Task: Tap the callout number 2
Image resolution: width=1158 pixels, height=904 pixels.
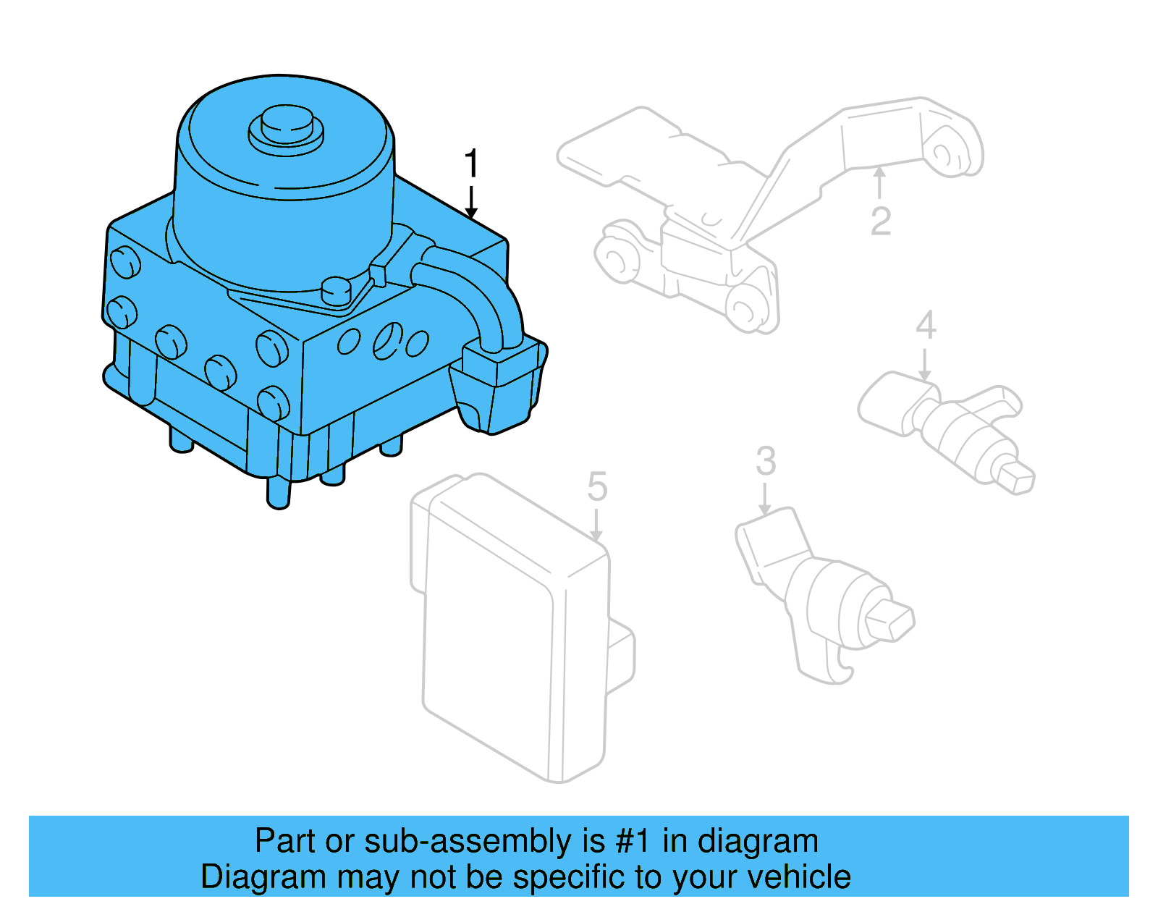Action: [880, 221]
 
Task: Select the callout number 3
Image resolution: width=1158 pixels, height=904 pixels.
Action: [765, 461]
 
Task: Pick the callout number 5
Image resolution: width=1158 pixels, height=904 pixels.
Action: [597, 486]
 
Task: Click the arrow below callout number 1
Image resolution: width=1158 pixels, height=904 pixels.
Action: [471, 202]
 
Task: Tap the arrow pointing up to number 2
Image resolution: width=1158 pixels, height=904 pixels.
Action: [879, 181]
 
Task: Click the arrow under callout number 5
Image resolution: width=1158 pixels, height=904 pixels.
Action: [596, 525]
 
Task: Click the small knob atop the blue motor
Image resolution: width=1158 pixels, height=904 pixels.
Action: [287, 127]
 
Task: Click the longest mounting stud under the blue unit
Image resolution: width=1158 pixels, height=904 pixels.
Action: [278, 492]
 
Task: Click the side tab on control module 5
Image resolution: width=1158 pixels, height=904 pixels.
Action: [621, 655]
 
